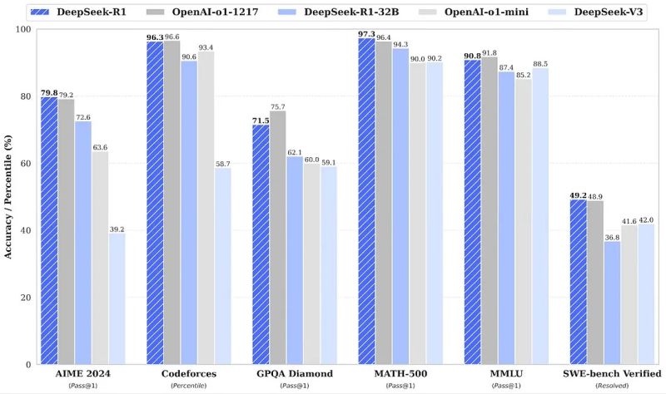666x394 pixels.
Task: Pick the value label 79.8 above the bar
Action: point(48,91)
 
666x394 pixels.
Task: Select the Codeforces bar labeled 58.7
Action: point(223,266)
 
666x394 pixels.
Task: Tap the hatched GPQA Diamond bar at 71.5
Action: point(260,244)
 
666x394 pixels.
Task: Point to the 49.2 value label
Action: point(578,195)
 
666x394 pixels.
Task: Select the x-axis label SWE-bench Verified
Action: point(613,374)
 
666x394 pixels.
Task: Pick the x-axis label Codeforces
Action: point(189,374)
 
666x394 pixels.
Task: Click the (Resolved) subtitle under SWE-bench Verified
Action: point(613,387)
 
